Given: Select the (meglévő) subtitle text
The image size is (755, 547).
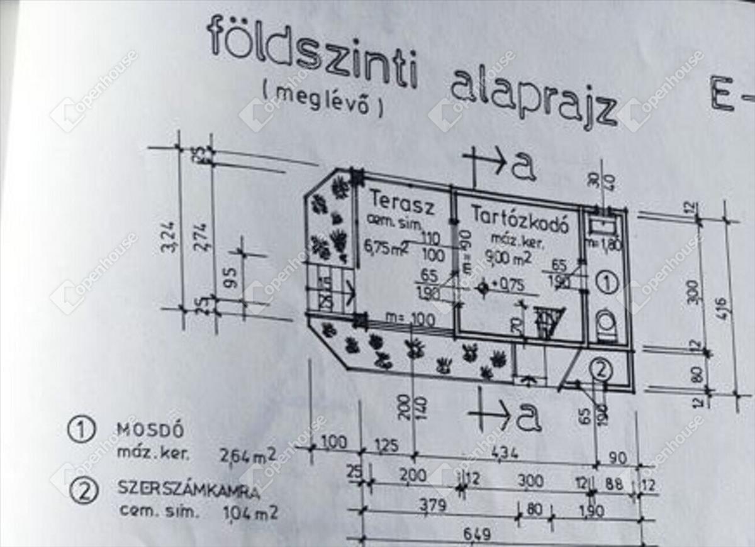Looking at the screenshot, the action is (322, 101).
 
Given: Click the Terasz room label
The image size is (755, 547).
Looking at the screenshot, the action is (395, 200).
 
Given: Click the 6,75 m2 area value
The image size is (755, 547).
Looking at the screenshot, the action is (385, 246).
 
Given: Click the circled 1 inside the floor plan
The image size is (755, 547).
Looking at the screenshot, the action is (607, 282).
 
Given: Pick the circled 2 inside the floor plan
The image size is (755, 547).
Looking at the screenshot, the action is (602, 370).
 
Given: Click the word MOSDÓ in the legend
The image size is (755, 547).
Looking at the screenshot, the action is (150, 430).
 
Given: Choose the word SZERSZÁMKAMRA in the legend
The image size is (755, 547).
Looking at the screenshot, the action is (179, 489).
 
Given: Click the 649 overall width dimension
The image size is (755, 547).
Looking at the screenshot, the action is (478, 535).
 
